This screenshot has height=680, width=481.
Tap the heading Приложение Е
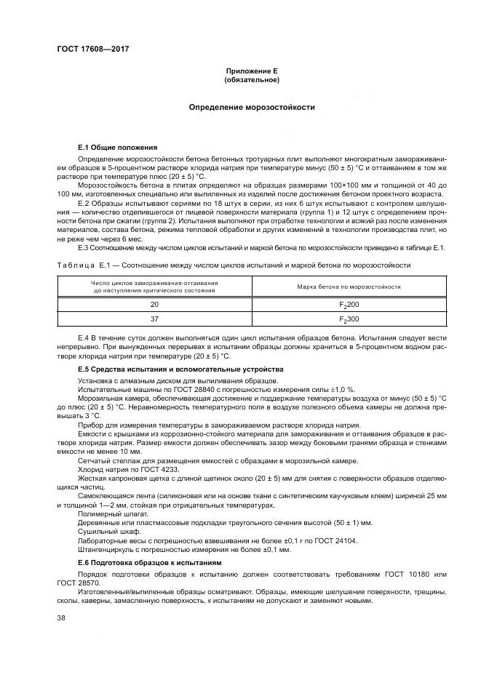[252, 71]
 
